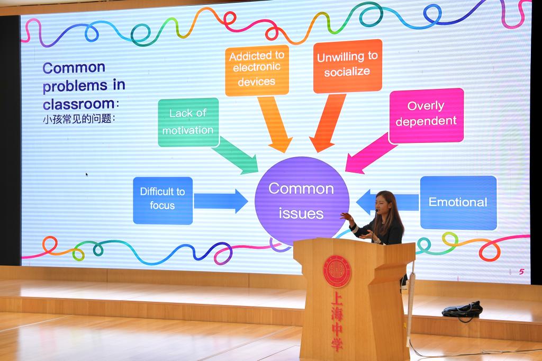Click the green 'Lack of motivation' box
[x=188, y=122]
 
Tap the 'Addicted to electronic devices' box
[x=257, y=70]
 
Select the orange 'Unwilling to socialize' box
[x=347, y=66]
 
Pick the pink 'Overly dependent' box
[x=426, y=115]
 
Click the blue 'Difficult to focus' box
[x=163, y=201]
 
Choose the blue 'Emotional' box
[x=458, y=203]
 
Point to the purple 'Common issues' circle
[x=302, y=201]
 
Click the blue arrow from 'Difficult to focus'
[x=221, y=201]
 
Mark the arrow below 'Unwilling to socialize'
[x=327, y=123]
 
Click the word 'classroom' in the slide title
[x=79, y=104]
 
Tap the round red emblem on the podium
[x=337, y=272]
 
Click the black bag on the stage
[x=462, y=310]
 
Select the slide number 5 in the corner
[x=521, y=272]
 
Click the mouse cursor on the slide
[x=87, y=175]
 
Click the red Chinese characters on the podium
[x=337, y=321]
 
